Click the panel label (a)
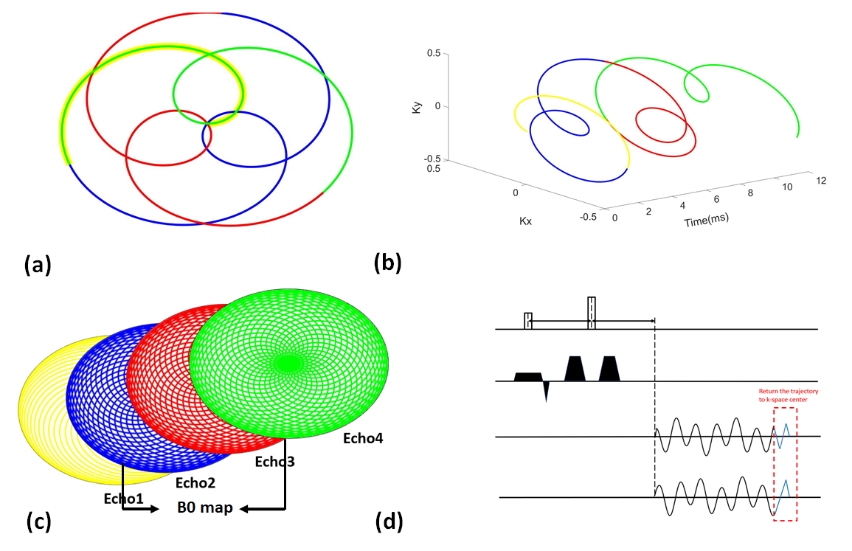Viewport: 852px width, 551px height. coord(38,264)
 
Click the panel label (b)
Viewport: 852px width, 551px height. coord(388,264)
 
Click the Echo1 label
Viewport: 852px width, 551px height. coord(124,498)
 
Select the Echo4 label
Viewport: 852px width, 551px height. coord(363,438)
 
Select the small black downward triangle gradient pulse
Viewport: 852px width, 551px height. coord(546,391)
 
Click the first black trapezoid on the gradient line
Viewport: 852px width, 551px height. coord(527,377)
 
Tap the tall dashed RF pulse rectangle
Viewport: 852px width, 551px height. coord(591,313)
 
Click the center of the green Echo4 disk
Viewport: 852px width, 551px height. coord(288,362)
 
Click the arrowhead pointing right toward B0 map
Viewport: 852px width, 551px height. coord(153,509)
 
